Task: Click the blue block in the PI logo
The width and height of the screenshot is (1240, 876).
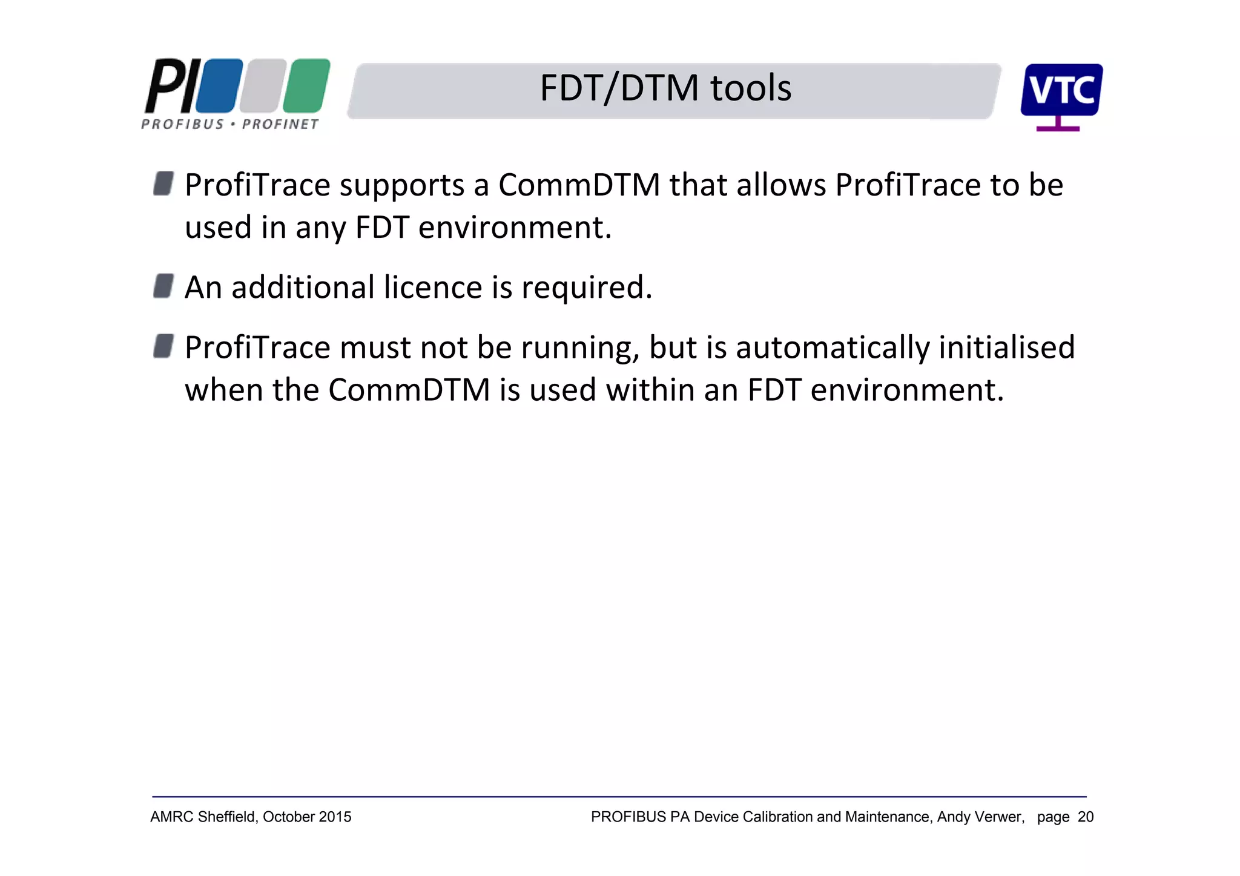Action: [x=219, y=85]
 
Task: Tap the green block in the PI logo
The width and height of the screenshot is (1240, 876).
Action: [x=306, y=85]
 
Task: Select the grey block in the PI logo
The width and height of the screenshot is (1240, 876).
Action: [x=263, y=85]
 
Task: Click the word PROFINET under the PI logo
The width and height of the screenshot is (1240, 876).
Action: [x=280, y=124]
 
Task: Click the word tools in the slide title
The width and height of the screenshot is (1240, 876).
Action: [x=750, y=88]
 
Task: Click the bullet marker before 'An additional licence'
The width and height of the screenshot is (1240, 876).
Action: [x=163, y=286]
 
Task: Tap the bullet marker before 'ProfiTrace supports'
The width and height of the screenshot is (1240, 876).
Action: [x=163, y=183]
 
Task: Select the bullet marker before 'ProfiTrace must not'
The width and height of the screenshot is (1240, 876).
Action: [x=163, y=346]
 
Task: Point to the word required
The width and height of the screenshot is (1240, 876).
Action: [x=586, y=288]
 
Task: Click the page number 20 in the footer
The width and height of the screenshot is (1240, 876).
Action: [x=1086, y=817]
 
